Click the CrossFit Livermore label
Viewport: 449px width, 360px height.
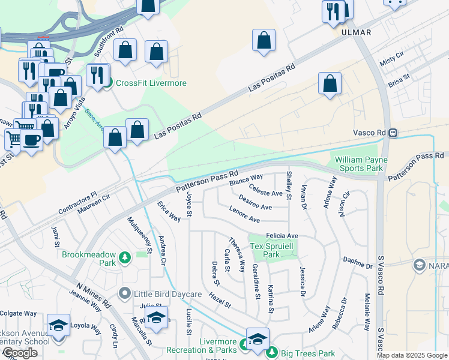coord(151,83)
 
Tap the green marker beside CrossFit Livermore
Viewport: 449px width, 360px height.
coord(107,83)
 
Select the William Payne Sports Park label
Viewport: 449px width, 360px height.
coord(361,164)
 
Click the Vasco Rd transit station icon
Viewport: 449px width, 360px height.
coord(391,133)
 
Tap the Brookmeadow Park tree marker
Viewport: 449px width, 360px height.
coord(125,258)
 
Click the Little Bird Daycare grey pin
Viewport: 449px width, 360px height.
coord(125,293)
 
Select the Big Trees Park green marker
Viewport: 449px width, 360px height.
coord(272,352)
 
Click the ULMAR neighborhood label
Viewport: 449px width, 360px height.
coord(356,32)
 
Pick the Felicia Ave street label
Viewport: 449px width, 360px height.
coord(282,236)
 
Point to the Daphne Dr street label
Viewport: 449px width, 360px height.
coord(358,262)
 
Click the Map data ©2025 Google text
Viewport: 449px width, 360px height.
coord(412,356)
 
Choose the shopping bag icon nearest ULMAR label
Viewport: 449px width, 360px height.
coord(264,41)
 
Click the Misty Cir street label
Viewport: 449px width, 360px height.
coord(391,58)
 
